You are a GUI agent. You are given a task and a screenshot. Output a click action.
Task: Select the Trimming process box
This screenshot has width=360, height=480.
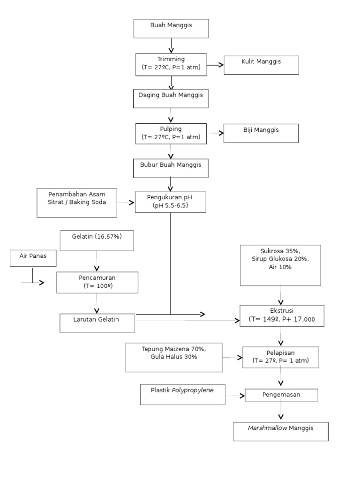click(x=171, y=64)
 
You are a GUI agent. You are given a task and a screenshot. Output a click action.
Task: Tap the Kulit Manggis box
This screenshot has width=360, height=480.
click(x=261, y=65)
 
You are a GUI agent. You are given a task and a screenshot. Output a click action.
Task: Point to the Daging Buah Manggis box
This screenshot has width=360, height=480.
click(x=171, y=99)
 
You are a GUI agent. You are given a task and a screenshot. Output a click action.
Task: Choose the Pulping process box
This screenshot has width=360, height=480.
click(x=171, y=133)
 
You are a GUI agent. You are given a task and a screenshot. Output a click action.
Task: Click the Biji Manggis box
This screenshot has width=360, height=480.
click(x=261, y=134)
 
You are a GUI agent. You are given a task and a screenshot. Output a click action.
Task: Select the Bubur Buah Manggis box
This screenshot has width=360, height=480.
click(x=171, y=168)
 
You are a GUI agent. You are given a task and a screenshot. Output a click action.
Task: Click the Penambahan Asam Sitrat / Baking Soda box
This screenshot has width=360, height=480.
click(x=77, y=202)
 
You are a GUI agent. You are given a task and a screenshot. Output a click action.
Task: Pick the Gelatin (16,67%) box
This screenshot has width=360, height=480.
click(x=97, y=240)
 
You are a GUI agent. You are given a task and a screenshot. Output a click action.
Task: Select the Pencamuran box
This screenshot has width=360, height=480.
click(x=97, y=282)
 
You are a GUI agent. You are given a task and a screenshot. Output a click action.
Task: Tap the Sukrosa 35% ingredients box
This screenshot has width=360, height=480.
click(x=280, y=265)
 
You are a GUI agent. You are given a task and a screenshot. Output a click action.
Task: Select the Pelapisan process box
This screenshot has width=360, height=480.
click(x=280, y=357)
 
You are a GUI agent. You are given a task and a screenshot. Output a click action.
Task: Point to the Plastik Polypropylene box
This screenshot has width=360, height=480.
click(x=183, y=394)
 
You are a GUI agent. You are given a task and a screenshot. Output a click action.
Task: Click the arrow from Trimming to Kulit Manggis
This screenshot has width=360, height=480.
click(x=215, y=65)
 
